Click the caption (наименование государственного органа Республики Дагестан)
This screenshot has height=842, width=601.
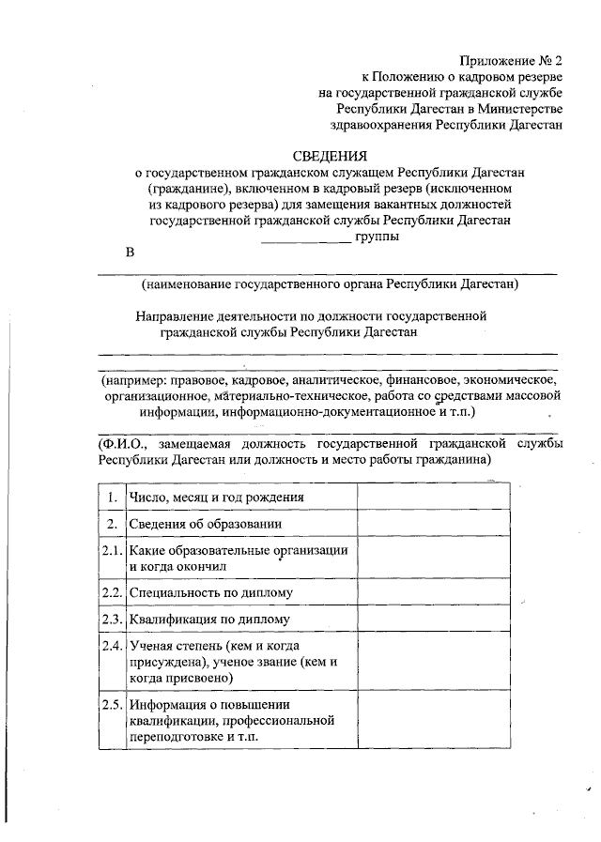point(331,283)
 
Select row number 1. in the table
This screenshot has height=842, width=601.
point(112,497)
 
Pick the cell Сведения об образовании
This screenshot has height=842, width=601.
point(207,524)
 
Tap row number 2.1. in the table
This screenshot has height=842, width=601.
point(112,551)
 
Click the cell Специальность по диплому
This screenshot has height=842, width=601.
point(211,593)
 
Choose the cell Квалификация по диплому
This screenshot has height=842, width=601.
point(210,620)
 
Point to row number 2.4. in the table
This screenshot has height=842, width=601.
point(112,647)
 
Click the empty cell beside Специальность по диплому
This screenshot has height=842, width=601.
point(434,593)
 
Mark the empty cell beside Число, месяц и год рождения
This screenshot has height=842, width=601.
point(434,497)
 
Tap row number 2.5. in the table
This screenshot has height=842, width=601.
point(112,705)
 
